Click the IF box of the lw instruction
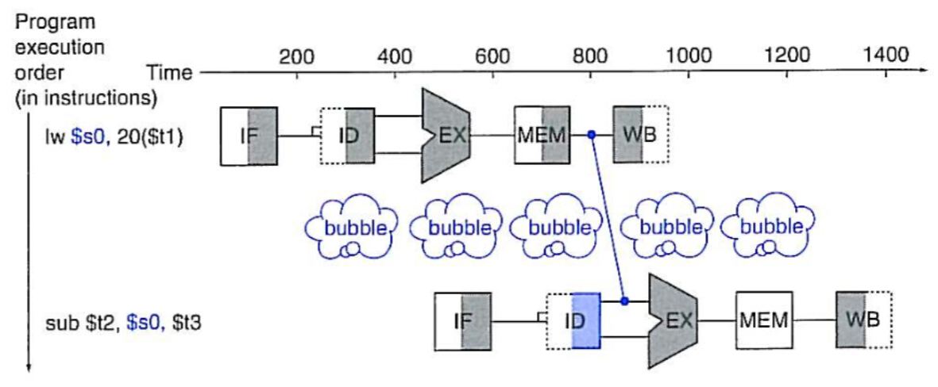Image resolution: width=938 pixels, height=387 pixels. click(248, 136)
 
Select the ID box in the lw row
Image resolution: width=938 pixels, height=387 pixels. click(347, 136)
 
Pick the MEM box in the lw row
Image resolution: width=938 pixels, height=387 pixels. click(542, 136)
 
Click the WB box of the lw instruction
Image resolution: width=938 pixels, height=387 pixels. click(640, 136)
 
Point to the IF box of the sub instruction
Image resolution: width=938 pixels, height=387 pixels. click(463, 322)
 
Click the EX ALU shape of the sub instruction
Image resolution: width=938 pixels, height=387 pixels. click(673, 321)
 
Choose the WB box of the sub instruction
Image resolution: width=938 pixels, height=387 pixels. click(863, 321)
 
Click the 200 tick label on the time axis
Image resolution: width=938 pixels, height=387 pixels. click(296, 56)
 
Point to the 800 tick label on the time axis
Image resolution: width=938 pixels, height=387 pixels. click(591, 56)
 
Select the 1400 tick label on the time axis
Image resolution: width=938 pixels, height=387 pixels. click(886, 56)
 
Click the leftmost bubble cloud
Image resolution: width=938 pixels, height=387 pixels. click(349, 228)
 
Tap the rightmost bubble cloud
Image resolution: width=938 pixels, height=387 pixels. click(767, 228)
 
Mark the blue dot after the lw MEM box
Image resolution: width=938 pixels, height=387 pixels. click(592, 135)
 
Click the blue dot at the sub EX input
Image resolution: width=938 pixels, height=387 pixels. click(624, 301)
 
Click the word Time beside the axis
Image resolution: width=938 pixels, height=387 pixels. click(170, 74)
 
